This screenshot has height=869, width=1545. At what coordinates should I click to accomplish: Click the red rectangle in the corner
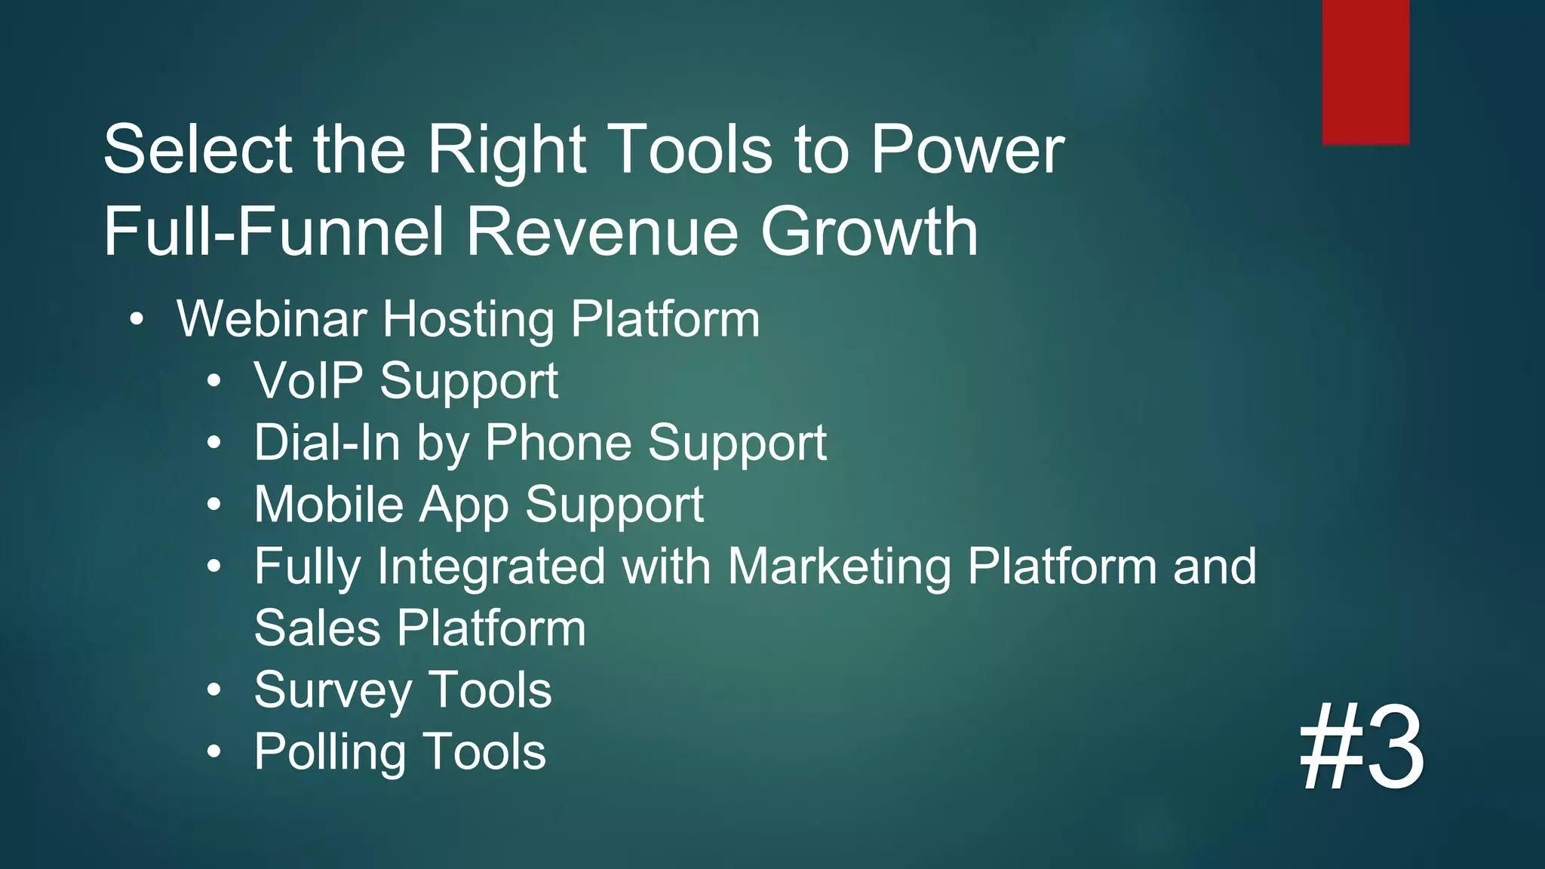click(1365, 72)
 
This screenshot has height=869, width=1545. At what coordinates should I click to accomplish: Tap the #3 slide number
click(1362, 748)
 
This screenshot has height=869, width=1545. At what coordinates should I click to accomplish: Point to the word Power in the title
click(967, 149)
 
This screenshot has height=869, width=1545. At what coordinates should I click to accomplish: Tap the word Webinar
click(272, 319)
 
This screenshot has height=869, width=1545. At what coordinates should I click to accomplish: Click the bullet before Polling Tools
click(214, 751)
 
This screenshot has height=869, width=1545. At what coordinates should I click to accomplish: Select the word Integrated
click(491, 567)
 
